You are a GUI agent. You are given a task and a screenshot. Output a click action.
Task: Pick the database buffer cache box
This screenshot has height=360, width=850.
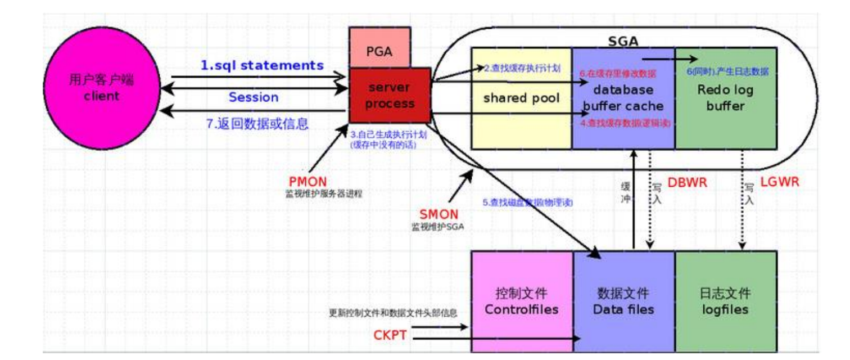click(x=623, y=98)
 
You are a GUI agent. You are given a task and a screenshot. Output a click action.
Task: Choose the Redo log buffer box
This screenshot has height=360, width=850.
click(x=725, y=98)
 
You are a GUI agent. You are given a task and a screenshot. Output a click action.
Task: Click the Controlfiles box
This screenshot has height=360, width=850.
click(x=522, y=301)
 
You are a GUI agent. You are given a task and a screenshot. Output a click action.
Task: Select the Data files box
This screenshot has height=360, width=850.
click(x=623, y=301)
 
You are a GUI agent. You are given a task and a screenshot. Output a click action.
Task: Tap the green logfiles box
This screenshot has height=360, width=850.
click(x=725, y=301)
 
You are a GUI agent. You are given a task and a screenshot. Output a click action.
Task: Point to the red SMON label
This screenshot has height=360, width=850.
click(x=439, y=214)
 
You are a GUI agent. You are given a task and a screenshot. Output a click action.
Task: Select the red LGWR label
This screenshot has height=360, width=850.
click(x=779, y=182)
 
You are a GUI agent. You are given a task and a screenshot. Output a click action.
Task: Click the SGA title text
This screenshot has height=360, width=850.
click(x=623, y=40)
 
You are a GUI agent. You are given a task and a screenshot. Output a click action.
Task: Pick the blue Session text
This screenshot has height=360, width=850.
click(x=254, y=97)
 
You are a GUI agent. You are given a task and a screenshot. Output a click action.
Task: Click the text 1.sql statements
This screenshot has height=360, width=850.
click(x=262, y=65)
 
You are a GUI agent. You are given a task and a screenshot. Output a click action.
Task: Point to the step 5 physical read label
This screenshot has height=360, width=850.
click(x=528, y=202)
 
